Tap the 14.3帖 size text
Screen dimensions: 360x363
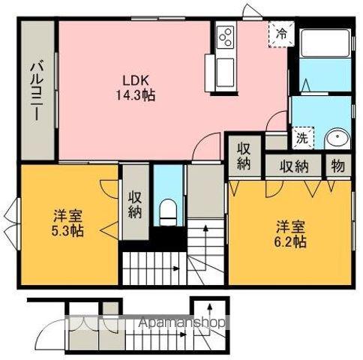click(x=135, y=95)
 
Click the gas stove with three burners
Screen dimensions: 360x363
click(x=225, y=35)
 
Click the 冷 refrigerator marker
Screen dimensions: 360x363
click(x=281, y=34)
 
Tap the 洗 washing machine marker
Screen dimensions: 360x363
click(x=301, y=138)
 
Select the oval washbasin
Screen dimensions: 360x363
click(x=337, y=139)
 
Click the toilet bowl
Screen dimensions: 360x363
click(x=168, y=209)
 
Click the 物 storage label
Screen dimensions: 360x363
click(x=338, y=166)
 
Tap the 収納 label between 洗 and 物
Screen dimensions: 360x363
click(x=295, y=166)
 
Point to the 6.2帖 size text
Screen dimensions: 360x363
click(x=289, y=241)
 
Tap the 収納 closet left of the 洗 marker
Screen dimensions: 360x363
click(x=244, y=156)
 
